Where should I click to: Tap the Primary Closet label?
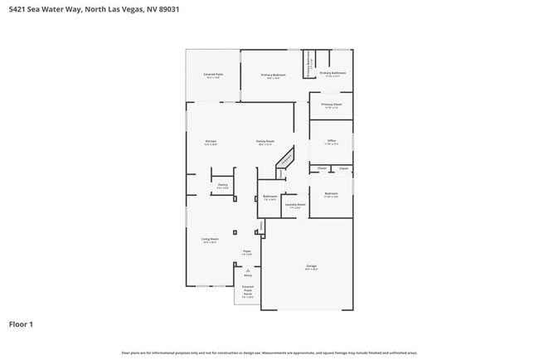point(332,105)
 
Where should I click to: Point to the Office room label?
point(331,141)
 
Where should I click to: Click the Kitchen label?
point(211,142)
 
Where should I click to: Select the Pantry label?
point(222,185)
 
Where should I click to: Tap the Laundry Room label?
point(295,204)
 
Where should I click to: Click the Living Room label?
point(210,239)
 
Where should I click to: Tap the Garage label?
point(311,266)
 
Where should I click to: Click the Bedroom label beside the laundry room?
point(331,194)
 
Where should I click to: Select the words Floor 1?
point(21,324)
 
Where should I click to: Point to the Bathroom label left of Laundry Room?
point(269,197)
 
